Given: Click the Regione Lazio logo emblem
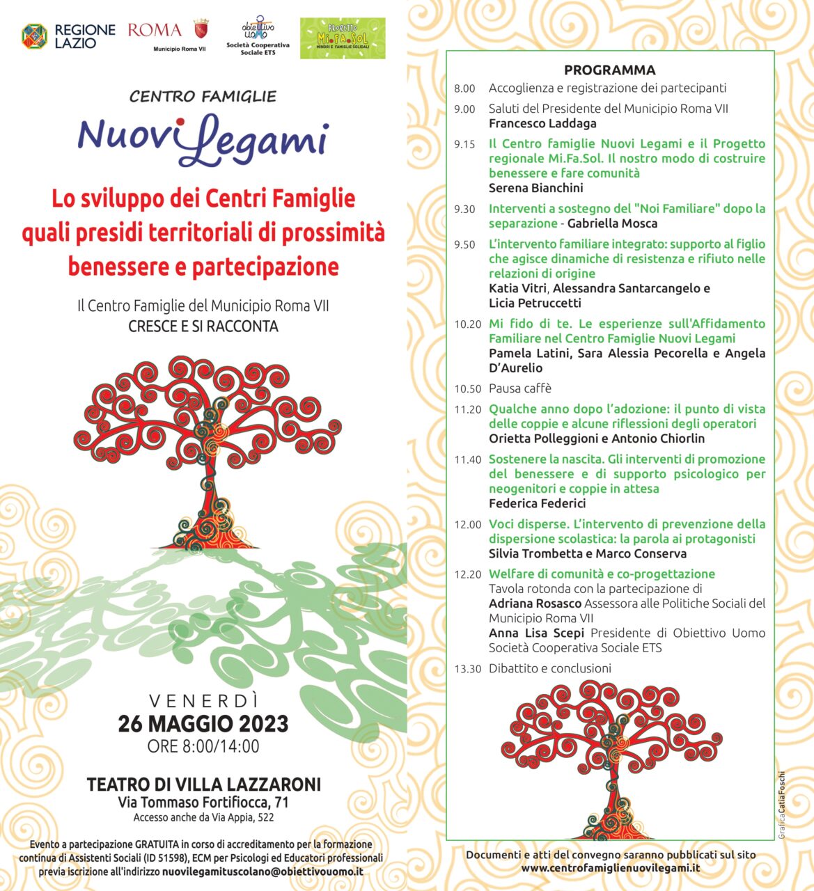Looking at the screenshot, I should click(x=34, y=36).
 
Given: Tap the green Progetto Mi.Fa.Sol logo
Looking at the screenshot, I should click(x=342, y=38).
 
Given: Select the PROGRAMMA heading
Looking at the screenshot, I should click(x=609, y=70).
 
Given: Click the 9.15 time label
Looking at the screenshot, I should click(x=464, y=145).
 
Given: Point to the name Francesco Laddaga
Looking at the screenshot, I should click(x=542, y=124).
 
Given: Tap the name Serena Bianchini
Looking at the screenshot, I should click(x=535, y=188).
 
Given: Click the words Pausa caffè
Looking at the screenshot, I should click(x=519, y=388).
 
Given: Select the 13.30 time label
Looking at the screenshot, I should click(x=467, y=669).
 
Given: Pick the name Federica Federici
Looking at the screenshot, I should click(x=537, y=503).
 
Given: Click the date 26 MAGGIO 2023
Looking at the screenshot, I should click(x=203, y=724).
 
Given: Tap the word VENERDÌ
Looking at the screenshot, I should click(x=203, y=701).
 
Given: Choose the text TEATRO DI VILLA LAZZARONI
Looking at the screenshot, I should click(x=203, y=784).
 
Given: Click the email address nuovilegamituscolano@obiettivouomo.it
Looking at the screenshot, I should click(x=263, y=872).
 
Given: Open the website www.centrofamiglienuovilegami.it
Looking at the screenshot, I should click(x=610, y=868).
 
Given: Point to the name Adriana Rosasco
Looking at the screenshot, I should click(x=535, y=604).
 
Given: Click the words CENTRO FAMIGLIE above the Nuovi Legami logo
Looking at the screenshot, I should click(x=203, y=97).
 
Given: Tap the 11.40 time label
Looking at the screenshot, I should click(x=467, y=460).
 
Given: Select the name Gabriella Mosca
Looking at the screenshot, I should click(x=612, y=223).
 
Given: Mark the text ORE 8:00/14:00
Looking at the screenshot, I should click(x=203, y=747).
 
